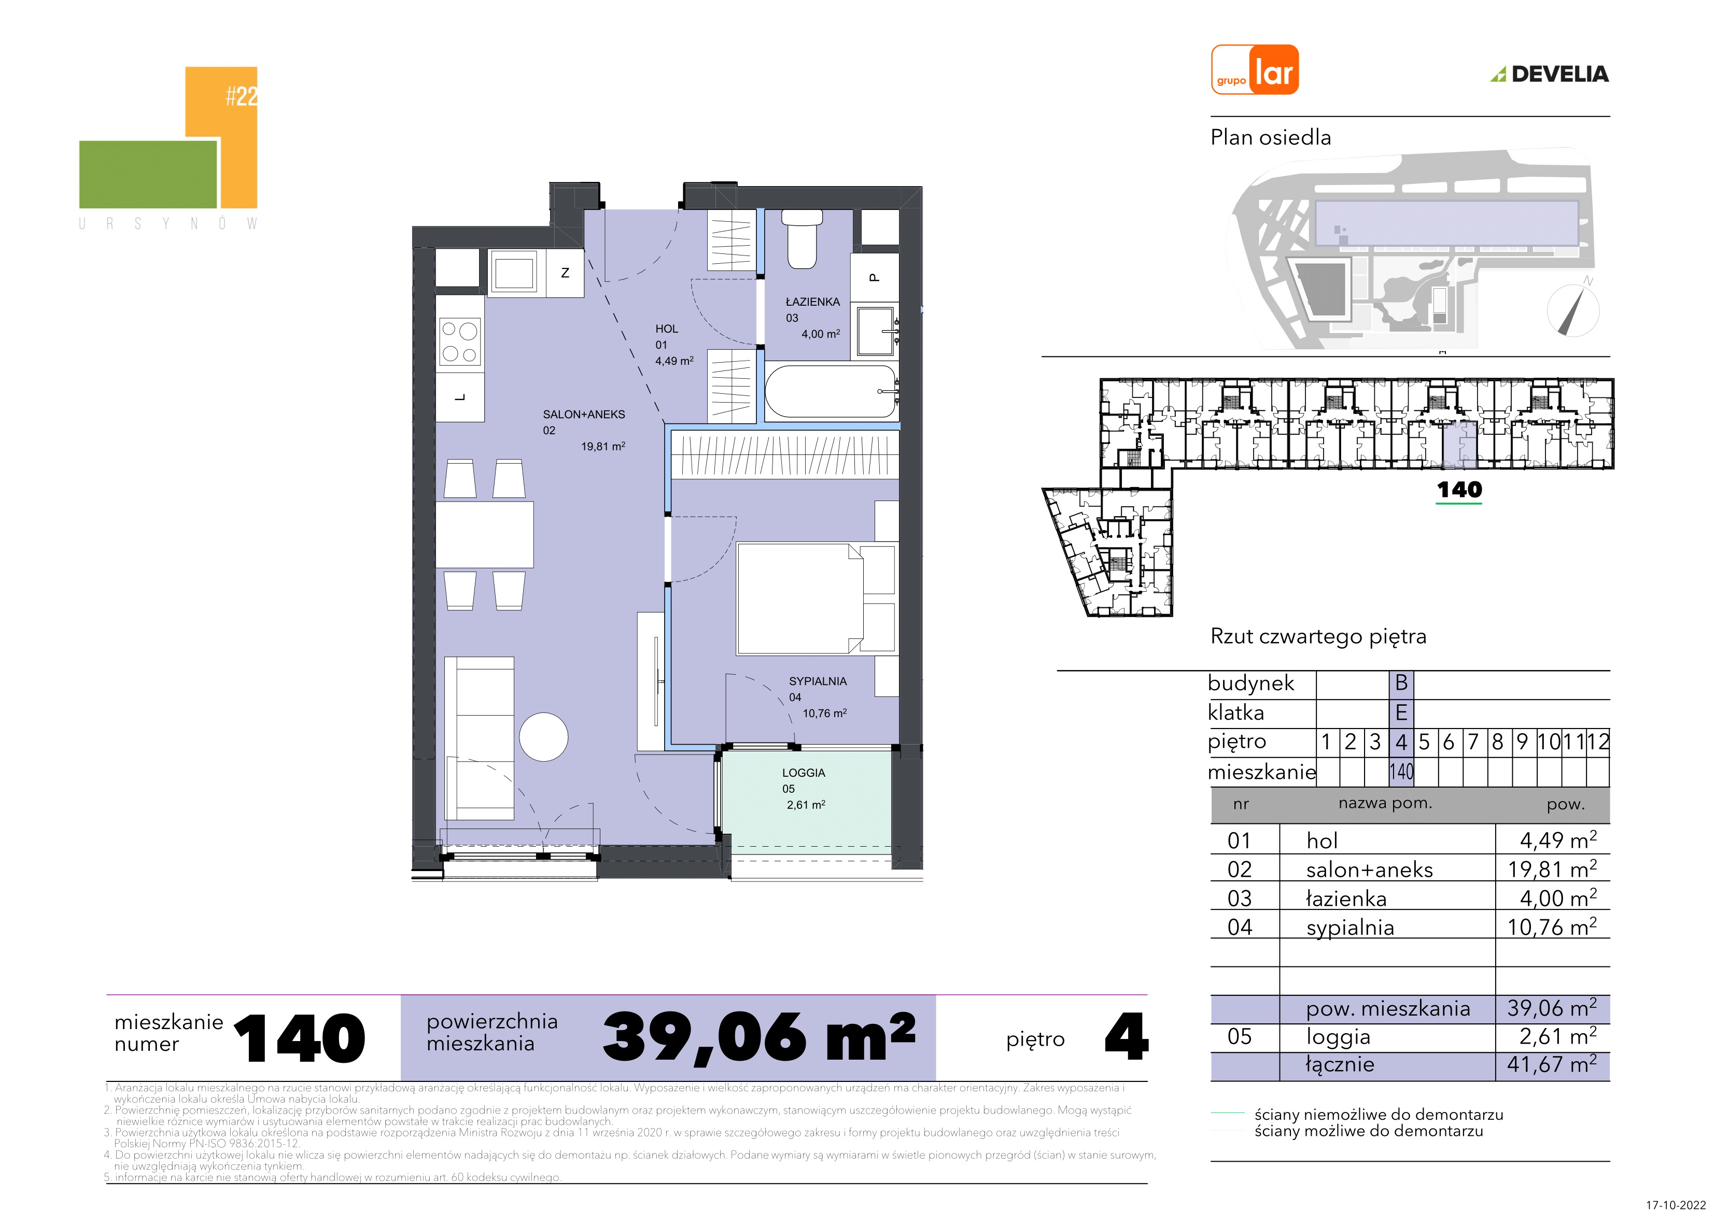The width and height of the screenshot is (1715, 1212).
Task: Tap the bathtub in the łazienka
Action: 831,391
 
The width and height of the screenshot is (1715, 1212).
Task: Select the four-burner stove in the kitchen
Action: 459,342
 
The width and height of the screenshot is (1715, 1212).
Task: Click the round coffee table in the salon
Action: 544,737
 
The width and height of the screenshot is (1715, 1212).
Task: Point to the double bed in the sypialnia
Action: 816,599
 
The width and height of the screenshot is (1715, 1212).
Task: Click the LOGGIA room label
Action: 804,773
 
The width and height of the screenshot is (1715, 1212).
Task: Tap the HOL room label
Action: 667,329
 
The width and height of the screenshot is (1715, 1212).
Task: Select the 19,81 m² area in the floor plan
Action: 603,447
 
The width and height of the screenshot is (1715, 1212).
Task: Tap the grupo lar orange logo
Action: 1255,69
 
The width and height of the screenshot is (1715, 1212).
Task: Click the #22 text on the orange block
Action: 241,96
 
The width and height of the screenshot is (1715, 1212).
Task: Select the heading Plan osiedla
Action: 1271,137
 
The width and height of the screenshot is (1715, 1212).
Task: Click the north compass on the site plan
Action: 1572,309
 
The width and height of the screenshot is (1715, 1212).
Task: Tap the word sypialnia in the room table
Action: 1349,928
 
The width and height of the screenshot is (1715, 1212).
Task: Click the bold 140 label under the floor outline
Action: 1459,490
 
